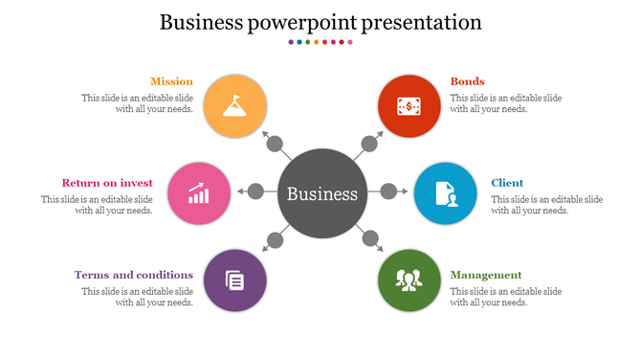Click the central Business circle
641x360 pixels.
[322, 193]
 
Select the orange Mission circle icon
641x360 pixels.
[234, 102]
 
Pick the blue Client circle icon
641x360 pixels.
[445, 192]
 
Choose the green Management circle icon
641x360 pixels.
[409, 280]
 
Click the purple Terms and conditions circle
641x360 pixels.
[234, 280]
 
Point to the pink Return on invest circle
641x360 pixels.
[199, 193]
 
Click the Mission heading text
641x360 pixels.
[171, 81]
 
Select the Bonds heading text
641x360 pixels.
[468, 81]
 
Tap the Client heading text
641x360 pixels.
[507, 183]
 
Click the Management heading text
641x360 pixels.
[486, 275]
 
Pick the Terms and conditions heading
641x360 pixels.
[134, 275]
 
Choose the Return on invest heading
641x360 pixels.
[108, 183]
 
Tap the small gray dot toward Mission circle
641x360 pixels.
[276, 146]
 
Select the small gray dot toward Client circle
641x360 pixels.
[388, 191]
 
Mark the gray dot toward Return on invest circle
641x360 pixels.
[256, 191]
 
